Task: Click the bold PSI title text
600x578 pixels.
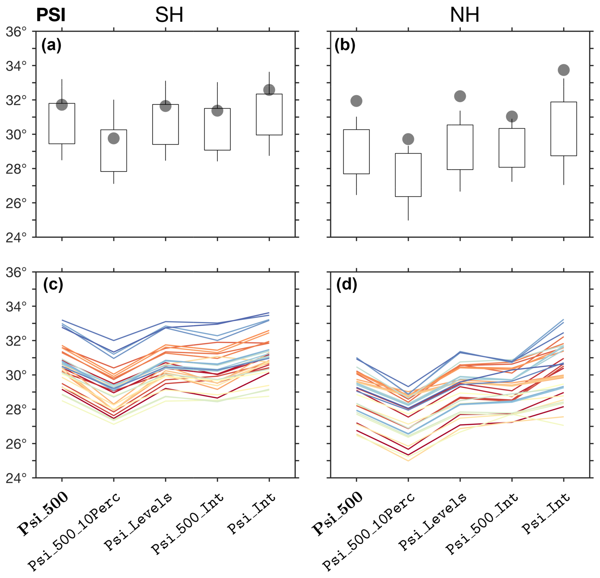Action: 51,15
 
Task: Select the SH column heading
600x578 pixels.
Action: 169,15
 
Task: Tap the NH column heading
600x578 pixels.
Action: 464,15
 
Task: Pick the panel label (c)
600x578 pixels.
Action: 53,285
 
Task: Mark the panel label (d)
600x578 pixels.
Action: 347,285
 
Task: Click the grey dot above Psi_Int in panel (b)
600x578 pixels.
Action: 564,70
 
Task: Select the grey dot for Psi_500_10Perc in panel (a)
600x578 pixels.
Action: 113,138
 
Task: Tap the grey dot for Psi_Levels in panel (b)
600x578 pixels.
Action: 460,96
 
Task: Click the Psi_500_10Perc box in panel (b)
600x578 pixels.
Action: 408,175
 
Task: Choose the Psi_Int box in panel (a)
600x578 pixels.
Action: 269,114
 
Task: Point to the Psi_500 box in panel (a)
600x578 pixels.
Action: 62,123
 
